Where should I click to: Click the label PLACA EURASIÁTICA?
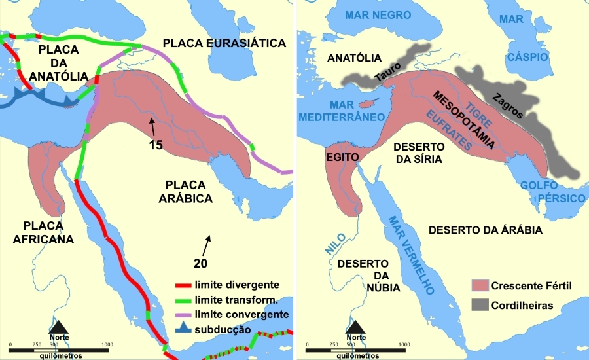click(224, 43)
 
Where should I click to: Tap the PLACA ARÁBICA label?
click(188, 190)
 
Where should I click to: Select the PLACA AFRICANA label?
click(43, 232)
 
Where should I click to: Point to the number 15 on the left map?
click(156, 145)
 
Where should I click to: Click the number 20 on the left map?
click(201, 263)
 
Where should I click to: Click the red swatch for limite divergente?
click(183, 286)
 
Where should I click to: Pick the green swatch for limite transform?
click(183, 300)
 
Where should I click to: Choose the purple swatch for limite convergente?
click(183, 315)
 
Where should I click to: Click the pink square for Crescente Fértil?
click(480, 286)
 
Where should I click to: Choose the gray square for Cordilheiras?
click(480, 306)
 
